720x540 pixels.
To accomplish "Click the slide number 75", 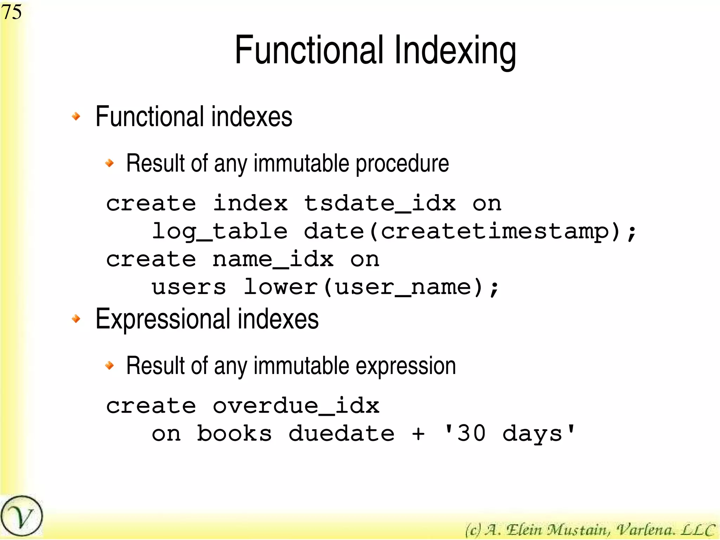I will click(12, 12).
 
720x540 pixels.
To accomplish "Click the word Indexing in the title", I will click(455, 51).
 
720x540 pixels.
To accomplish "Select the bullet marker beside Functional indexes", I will click(76, 116).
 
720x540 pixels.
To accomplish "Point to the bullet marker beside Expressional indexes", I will click(76, 319).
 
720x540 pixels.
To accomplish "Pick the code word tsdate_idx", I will click(380, 204).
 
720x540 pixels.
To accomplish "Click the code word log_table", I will click(220, 232).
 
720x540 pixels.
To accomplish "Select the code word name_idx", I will click(273, 260).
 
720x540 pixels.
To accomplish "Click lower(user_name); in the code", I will click(371, 287).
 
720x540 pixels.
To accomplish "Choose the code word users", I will click(189, 287).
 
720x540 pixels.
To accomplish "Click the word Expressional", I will click(163, 319).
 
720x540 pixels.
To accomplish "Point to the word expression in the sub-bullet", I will click(406, 366).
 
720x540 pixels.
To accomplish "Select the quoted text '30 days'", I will click(510, 434).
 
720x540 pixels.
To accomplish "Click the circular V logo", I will click(21, 516).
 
